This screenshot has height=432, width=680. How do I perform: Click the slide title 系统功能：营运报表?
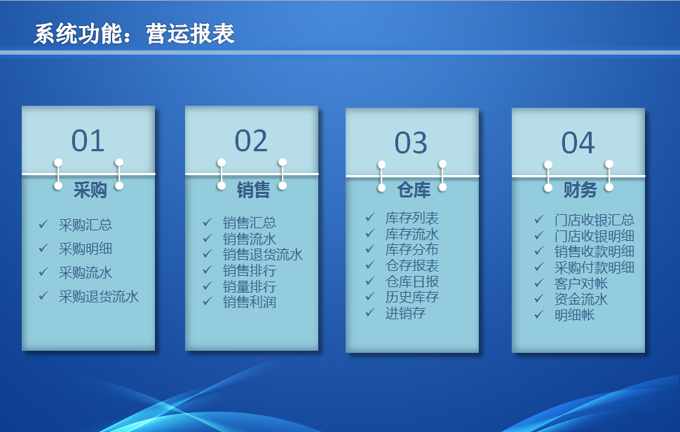(134, 34)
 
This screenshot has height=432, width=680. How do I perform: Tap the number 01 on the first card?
(88, 141)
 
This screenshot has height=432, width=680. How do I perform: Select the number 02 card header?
(252, 141)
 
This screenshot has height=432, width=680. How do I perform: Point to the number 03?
(411, 143)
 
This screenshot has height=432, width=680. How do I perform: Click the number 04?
(578, 143)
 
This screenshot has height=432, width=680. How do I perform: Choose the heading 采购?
(90, 190)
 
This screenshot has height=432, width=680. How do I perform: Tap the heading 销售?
(253, 190)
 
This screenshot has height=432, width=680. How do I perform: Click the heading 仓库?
(414, 190)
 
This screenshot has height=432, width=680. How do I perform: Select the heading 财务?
(580, 190)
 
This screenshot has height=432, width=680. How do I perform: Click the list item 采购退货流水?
(99, 296)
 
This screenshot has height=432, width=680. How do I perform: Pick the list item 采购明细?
(86, 249)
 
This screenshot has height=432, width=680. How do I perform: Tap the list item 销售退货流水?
(263, 254)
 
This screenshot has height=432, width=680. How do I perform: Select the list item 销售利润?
(250, 302)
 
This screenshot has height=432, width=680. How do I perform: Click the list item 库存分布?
(412, 249)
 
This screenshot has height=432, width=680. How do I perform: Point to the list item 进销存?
(405, 313)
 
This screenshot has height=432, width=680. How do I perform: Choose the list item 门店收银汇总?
(594, 220)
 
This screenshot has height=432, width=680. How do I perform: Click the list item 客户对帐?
(581, 284)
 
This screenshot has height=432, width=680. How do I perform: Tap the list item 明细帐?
(574, 315)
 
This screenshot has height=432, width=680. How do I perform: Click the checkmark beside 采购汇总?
(43, 224)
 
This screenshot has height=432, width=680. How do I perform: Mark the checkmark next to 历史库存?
(370, 296)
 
